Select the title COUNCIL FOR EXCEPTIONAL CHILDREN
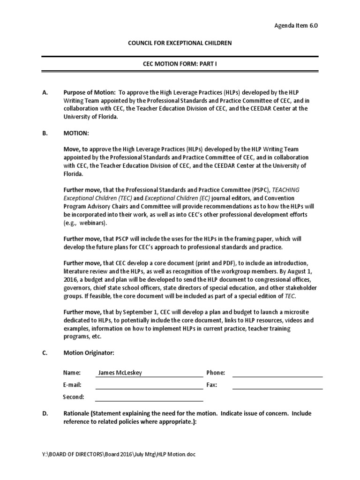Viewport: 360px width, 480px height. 180,43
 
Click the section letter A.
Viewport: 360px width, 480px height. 45,93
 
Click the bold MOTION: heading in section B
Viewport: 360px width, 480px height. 76,133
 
